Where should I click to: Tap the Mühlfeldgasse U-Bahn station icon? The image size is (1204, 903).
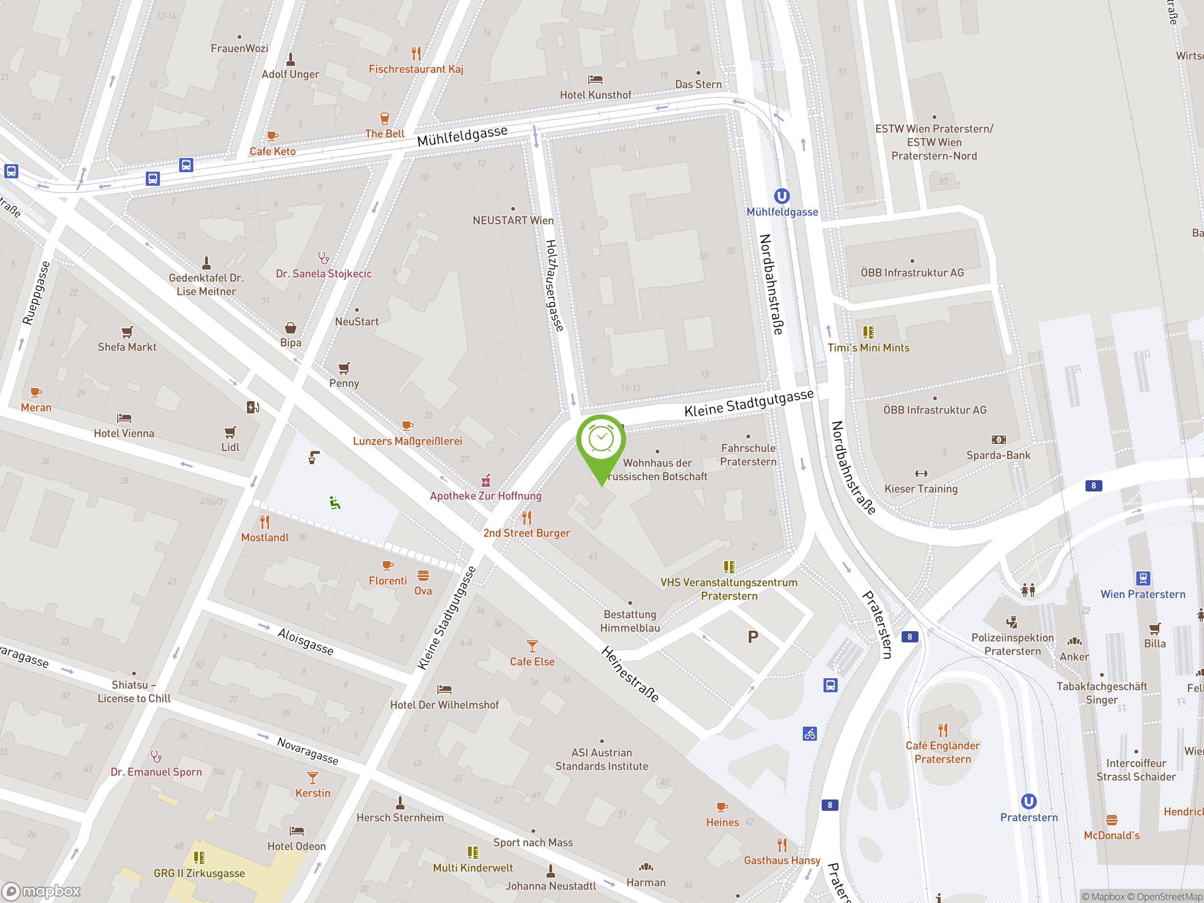tap(782, 196)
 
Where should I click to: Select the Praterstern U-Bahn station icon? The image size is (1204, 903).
tap(1028, 801)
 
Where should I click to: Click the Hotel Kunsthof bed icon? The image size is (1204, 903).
tap(595, 79)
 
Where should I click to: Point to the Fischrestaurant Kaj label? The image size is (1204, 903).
tap(416, 69)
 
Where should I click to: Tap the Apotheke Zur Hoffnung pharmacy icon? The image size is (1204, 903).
tap(486, 481)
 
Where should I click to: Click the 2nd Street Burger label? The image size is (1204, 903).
tap(526, 533)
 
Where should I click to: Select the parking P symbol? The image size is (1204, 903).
tap(753, 637)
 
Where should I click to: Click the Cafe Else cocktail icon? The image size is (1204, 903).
tap(532, 646)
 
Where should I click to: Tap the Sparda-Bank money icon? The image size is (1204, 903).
tap(998, 440)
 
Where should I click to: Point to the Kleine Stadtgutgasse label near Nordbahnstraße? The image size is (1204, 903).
tap(748, 403)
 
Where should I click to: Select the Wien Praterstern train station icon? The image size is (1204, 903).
tap(1142, 578)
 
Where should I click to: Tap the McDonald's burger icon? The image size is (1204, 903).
tap(1111, 820)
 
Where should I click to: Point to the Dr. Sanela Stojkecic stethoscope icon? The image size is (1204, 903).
tap(323, 257)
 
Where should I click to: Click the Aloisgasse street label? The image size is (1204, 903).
tap(305, 641)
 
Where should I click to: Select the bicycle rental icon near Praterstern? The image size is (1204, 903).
tap(809, 734)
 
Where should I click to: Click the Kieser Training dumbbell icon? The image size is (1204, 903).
tap(921, 474)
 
